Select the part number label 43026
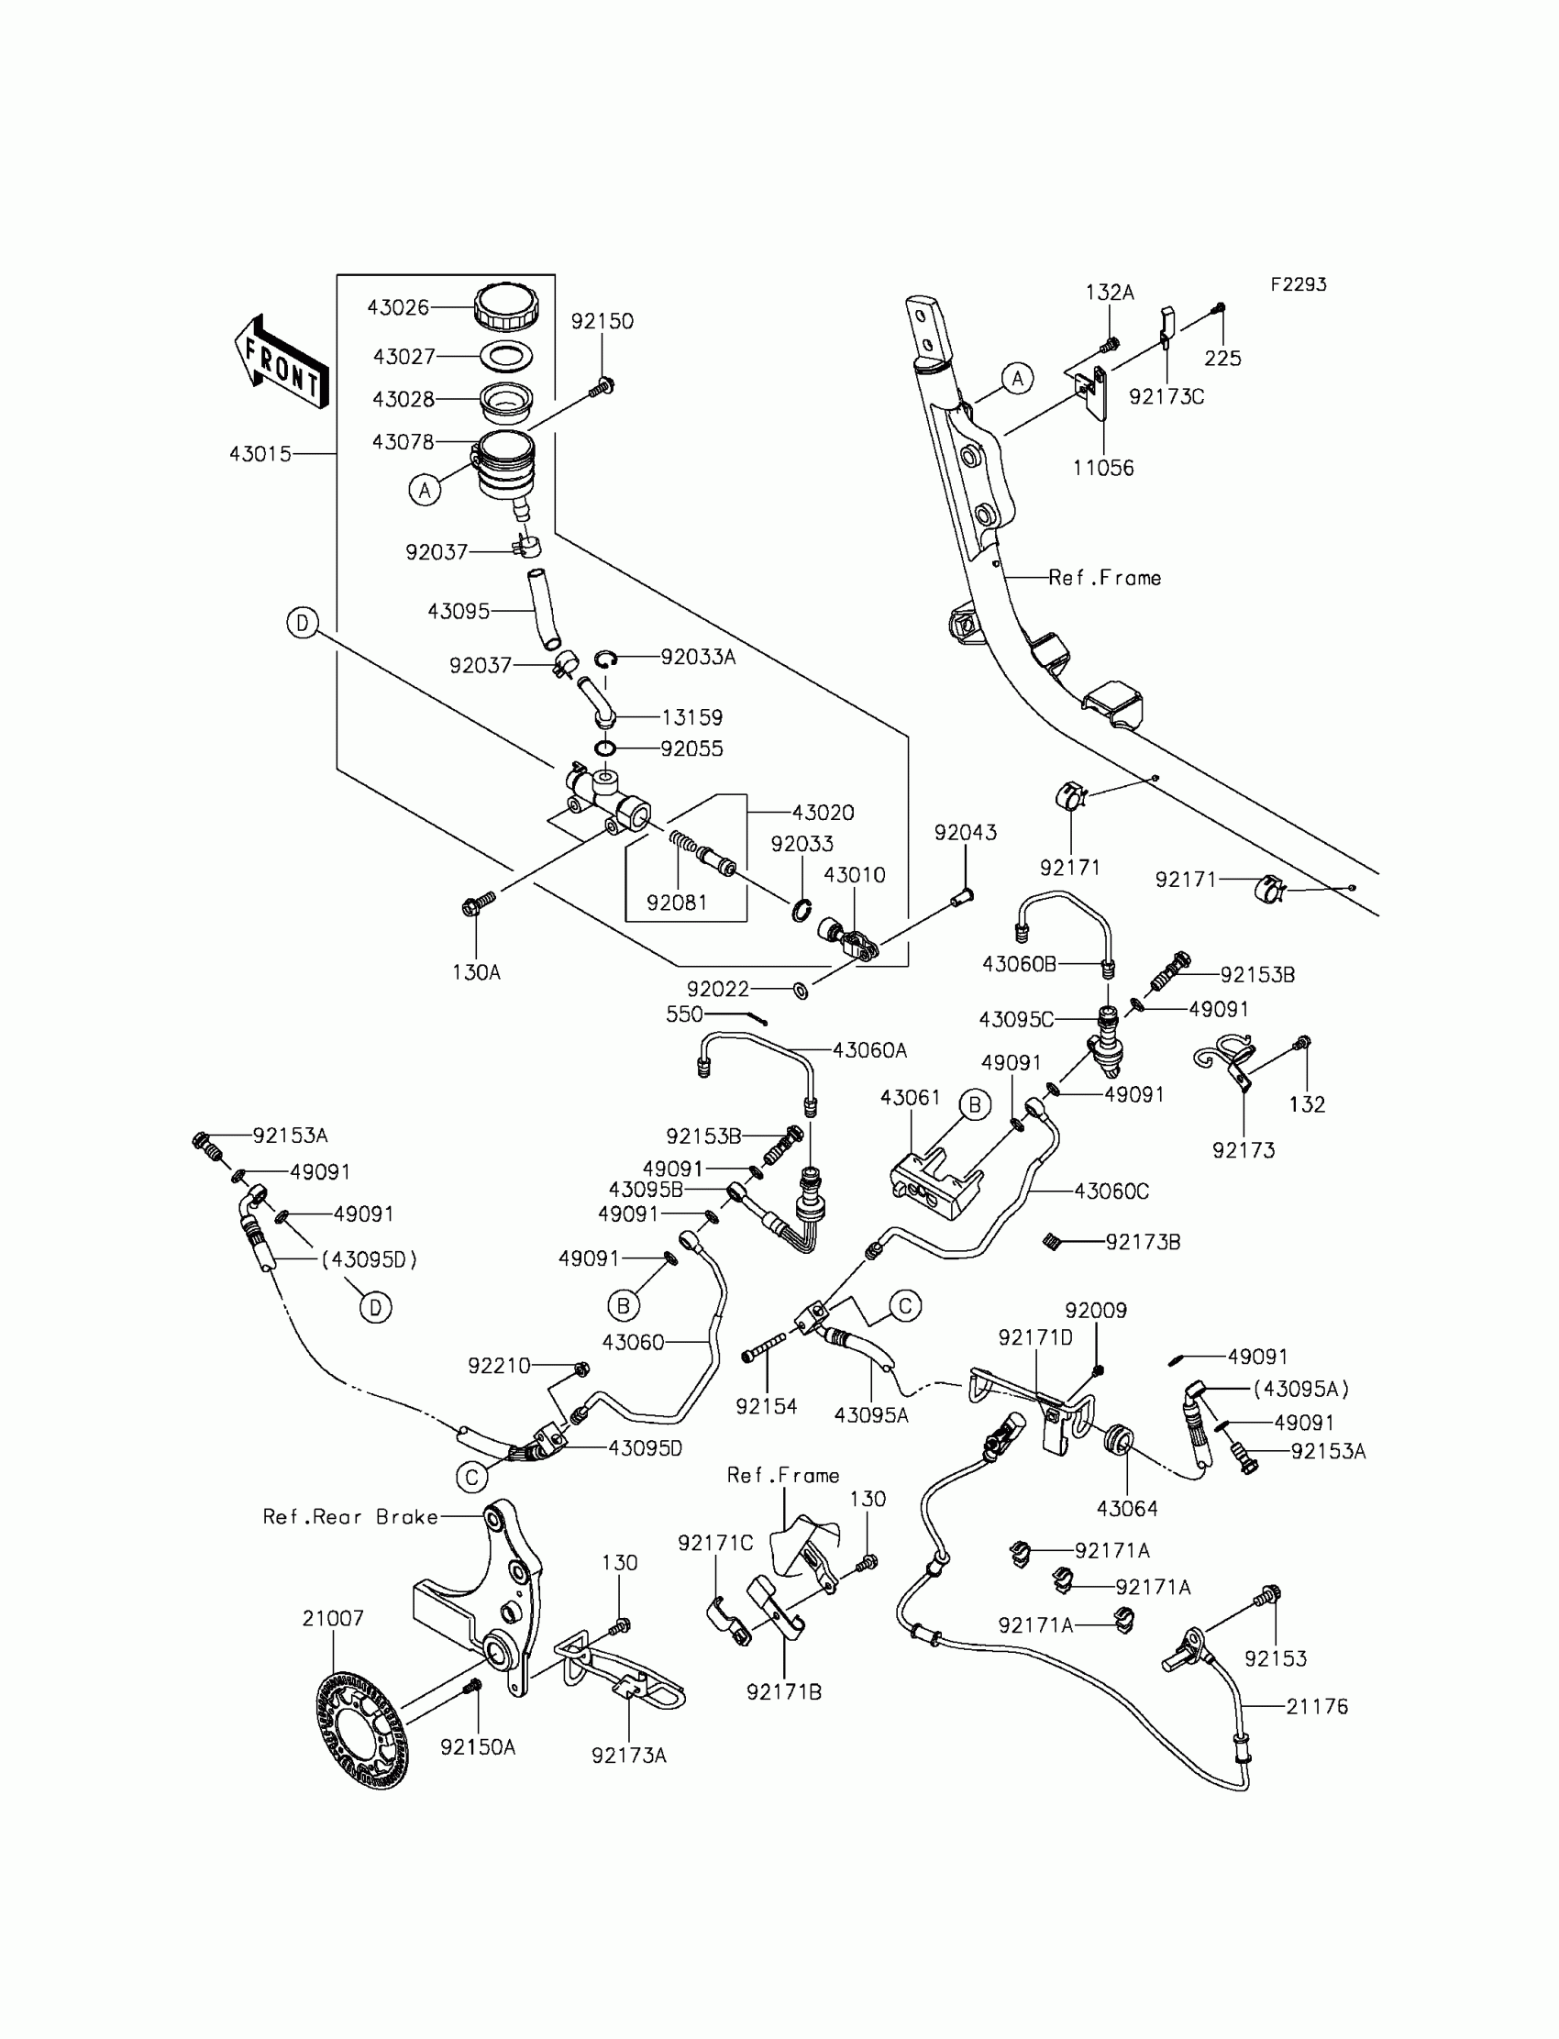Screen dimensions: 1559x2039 (397, 308)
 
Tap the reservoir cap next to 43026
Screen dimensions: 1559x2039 (505, 306)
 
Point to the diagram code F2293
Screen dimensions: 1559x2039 (1299, 285)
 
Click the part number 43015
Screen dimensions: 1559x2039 (260, 454)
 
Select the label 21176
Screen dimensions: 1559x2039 (1317, 1706)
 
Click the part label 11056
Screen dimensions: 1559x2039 (1103, 468)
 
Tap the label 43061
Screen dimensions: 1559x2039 (911, 1097)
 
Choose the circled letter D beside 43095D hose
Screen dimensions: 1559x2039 (375, 1308)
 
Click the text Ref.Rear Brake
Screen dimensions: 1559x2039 (350, 1516)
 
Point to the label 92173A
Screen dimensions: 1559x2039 (629, 1755)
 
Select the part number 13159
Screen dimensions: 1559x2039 (692, 717)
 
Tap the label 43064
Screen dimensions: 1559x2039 (1127, 1508)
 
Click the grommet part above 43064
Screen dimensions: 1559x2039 (1118, 1440)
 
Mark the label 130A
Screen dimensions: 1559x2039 (476, 971)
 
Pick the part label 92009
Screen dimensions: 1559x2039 (1096, 1311)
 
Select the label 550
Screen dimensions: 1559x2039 (684, 1014)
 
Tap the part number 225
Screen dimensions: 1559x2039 (1222, 359)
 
